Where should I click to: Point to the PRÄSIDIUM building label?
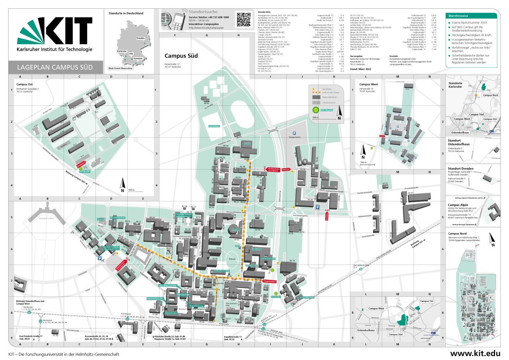point(183,295)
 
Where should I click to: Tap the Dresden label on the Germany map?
point(140,38)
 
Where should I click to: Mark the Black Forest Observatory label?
point(120,68)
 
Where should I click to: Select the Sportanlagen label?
point(214,126)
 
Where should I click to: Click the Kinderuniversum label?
point(307,297)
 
